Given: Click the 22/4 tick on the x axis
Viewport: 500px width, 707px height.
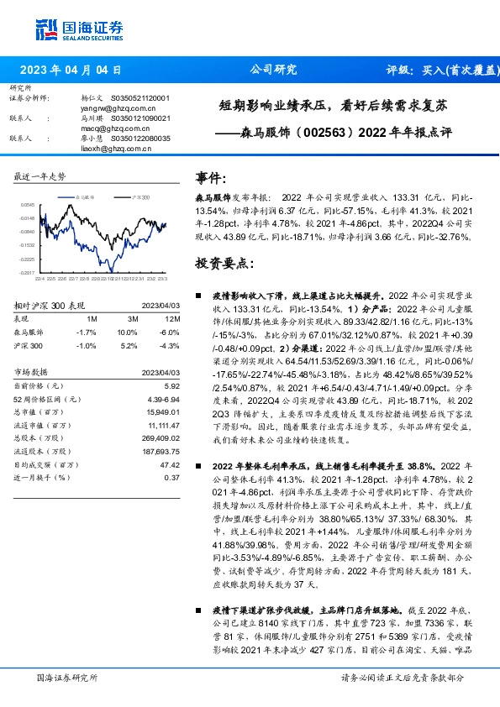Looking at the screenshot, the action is [39, 278].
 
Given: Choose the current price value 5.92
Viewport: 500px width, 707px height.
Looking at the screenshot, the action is [173, 385].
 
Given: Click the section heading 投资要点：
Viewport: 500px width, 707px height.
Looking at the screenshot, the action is [224, 262].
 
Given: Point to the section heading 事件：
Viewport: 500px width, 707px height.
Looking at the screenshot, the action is [211, 178].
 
